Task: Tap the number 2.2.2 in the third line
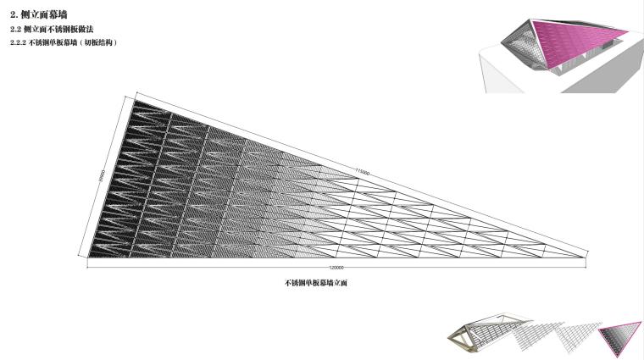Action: pyautogui.click(x=18, y=42)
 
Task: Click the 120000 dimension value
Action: pyautogui.click(x=337, y=268)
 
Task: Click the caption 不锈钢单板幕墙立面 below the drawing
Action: pyautogui.click(x=316, y=283)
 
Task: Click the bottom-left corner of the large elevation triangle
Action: pyautogui.click(x=88, y=257)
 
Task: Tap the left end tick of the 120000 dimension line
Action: pyautogui.click(x=88, y=266)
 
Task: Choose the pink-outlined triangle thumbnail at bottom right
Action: pyautogui.click(x=621, y=334)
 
